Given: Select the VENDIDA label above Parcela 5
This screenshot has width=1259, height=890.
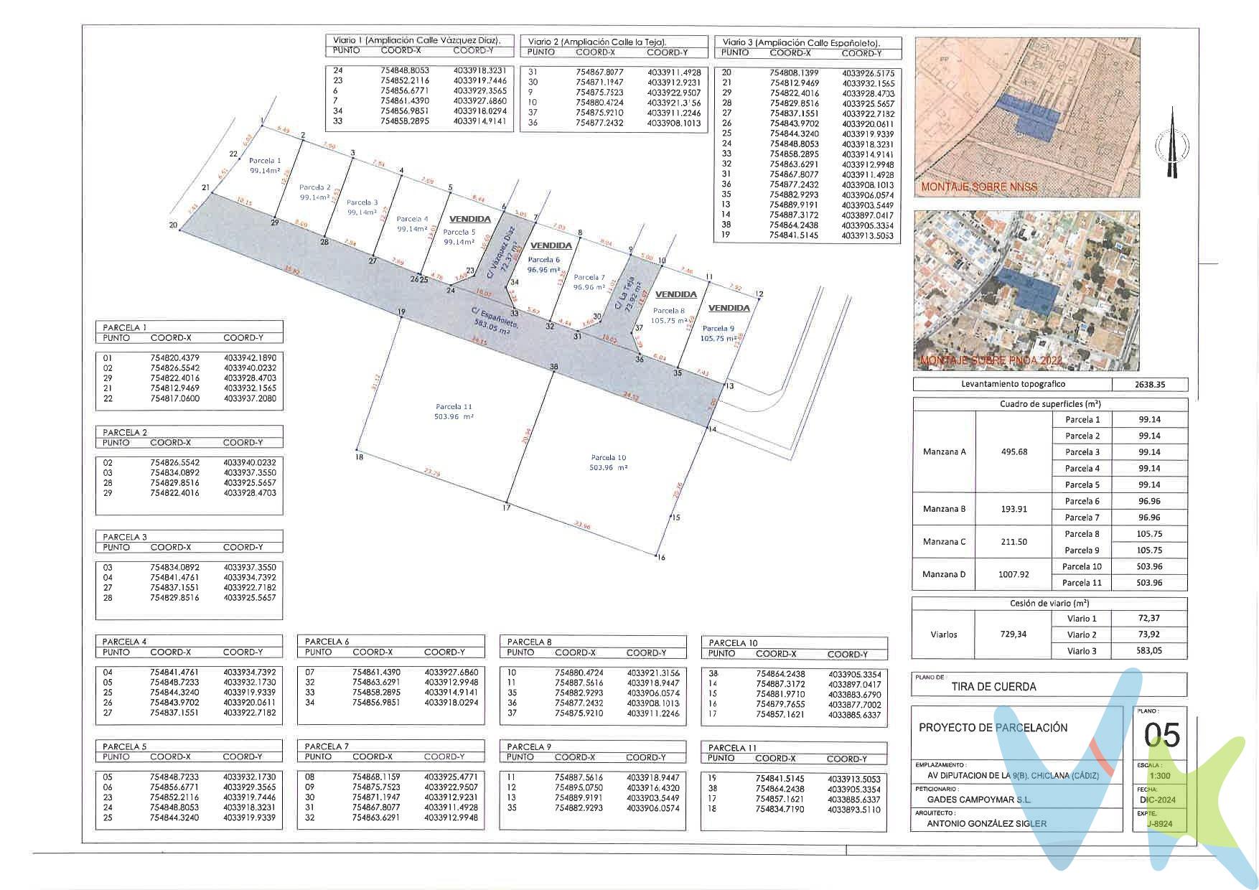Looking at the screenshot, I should (x=469, y=219).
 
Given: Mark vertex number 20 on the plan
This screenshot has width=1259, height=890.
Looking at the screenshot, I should (x=173, y=225).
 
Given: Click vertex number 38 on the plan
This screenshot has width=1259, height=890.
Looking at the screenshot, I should (x=553, y=367).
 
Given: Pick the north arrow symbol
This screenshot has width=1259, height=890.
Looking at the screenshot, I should (x=1171, y=144).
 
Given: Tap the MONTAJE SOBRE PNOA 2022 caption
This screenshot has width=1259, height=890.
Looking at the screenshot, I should (x=990, y=359).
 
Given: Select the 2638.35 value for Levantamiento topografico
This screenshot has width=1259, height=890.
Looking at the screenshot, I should (x=1149, y=385).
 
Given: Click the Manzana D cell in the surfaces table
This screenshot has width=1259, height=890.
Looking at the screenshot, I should (x=944, y=574).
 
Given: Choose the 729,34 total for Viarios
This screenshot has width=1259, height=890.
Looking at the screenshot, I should (x=1013, y=634).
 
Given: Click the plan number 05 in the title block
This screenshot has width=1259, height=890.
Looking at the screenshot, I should (x=1161, y=736).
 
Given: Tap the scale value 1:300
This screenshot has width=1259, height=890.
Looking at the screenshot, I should (x=1159, y=776).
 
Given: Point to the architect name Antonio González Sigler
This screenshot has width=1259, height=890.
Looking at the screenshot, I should (x=986, y=823).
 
